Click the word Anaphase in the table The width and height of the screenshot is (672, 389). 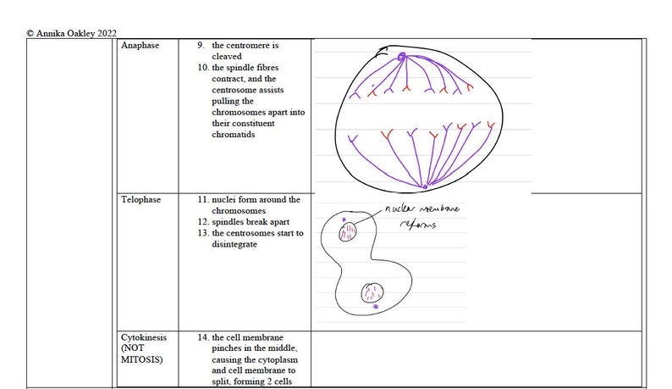tap(140, 45)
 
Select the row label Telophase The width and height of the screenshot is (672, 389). tap(140, 200)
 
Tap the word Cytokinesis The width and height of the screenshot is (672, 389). tap(144, 337)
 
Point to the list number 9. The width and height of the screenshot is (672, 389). tap(201, 45)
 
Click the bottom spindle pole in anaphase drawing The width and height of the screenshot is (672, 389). tap(425, 186)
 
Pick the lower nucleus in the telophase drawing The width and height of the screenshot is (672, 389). tap(372, 293)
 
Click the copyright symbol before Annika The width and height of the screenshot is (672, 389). tap(30, 33)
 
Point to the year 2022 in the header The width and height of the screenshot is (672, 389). tap(106, 33)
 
